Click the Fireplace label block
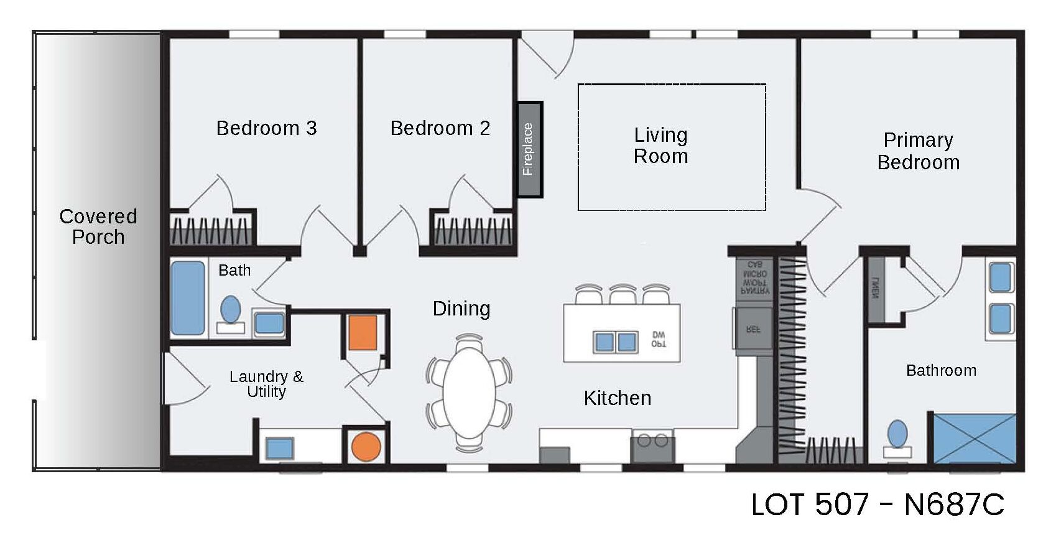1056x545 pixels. pos(530,149)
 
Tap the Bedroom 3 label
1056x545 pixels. pos(266,128)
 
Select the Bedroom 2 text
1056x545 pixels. pos(440,128)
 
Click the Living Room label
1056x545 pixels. pos(660,146)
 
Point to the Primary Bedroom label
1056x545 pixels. pos(918,151)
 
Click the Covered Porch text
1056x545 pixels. pos(98,226)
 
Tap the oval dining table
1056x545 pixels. pos(469,393)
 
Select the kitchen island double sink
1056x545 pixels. pos(616,342)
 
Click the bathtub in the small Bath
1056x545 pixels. pos(187,298)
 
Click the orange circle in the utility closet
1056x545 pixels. pos(366,446)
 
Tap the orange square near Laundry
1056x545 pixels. pos(362,332)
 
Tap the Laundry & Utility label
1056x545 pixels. pos(266,384)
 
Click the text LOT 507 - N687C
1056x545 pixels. pos(877,505)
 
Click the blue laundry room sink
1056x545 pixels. pos(279,448)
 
